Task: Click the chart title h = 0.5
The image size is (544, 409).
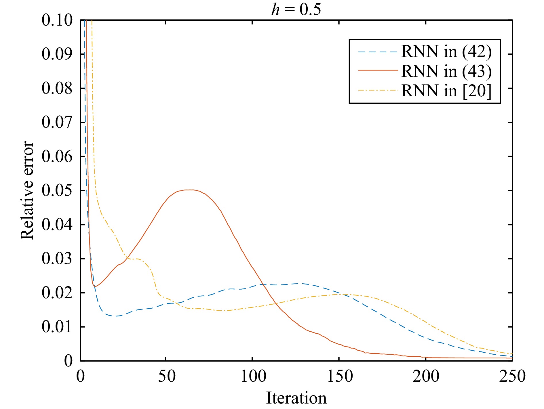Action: (296, 9)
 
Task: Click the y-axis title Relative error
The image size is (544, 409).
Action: (27, 190)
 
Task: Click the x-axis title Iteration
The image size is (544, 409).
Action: (296, 398)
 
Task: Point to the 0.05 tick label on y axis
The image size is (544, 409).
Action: (57, 190)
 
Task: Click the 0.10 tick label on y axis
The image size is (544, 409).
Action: (57, 20)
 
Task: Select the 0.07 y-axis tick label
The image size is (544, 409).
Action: (57, 122)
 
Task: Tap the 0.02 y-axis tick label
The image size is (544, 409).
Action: (57, 293)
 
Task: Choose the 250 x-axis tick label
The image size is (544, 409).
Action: (512, 376)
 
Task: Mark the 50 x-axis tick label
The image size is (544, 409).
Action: (166, 376)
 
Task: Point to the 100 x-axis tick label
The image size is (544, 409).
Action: (253, 376)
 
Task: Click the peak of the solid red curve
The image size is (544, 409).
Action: (190, 190)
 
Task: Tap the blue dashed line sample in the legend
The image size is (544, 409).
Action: (378, 52)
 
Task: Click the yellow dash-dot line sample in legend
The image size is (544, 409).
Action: (378, 90)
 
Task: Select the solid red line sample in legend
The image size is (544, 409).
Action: (378, 71)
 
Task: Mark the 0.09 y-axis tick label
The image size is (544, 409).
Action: (57, 54)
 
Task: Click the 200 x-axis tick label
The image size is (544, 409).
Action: (426, 376)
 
